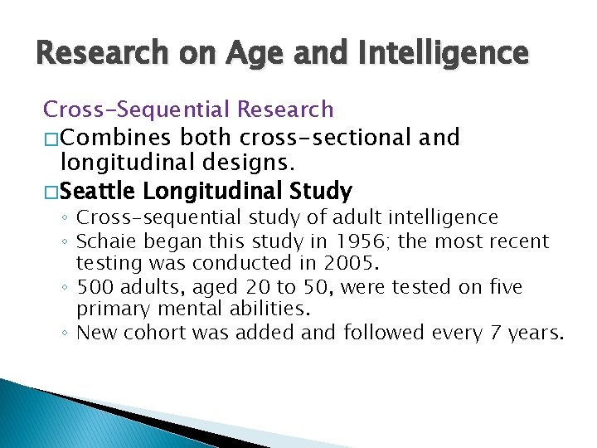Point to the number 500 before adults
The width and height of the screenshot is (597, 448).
point(96,288)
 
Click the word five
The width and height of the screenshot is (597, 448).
point(504,288)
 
